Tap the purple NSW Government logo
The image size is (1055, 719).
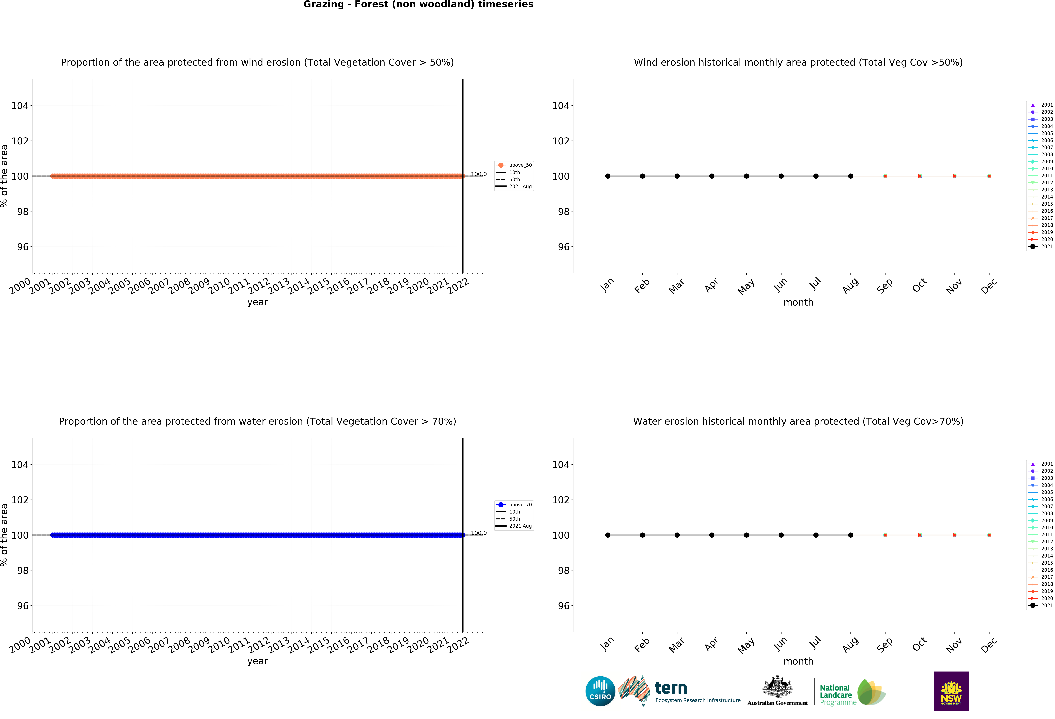(951, 691)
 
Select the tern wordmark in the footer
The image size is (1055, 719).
(671, 688)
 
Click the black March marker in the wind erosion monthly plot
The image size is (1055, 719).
(677, 176)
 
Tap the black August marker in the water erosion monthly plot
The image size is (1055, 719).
(850, 535)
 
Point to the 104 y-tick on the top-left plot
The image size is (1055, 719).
(19, 106)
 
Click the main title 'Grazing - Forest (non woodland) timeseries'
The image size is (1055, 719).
(418, 5)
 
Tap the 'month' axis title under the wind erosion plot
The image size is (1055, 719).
(798, 302)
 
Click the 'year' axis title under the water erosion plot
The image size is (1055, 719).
(257, 661)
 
